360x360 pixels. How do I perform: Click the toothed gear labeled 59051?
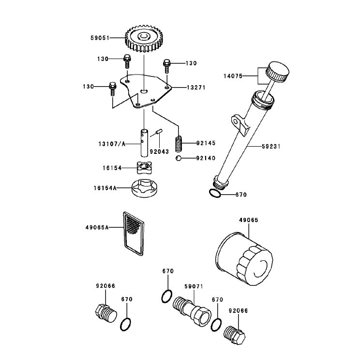click(144, 38)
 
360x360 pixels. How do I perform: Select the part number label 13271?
click(196, 88)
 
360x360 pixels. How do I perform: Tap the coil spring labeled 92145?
click(179, 144)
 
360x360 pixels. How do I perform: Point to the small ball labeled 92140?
click(179, 158)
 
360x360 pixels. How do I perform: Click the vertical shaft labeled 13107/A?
click(144, 143)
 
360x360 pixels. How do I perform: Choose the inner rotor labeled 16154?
click(144, 167)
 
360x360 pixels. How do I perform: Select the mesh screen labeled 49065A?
click(134, 233)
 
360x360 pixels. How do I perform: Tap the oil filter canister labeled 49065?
click(244, 259)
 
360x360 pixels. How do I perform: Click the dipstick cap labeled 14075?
click(277, 72)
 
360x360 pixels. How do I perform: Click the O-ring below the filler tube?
click(215, 194)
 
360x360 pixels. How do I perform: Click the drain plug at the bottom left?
click(106, 314)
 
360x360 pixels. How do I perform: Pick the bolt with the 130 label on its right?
click(167, 66)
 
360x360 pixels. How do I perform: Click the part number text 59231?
click(271, 146)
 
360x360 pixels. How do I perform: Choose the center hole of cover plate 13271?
click(144, 91)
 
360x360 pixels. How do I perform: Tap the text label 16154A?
click(105, 188)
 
